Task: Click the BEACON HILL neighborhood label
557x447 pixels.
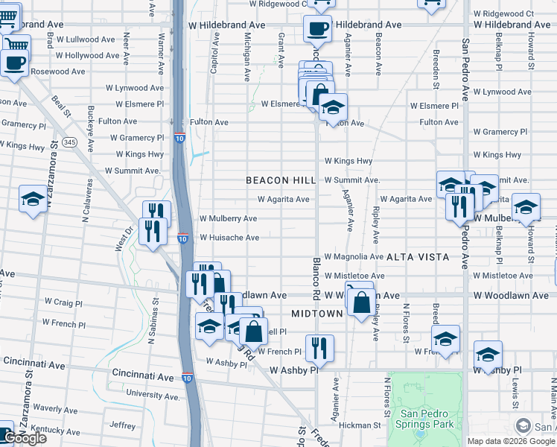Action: coord(281,181)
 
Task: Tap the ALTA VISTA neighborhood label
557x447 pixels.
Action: coord(418,257)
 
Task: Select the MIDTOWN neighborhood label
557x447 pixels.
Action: coord(316,314)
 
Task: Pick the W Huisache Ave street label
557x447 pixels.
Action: coord(229,238)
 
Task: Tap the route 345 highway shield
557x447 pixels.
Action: coord(69,142)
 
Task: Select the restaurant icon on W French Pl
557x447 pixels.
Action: coord(319,347)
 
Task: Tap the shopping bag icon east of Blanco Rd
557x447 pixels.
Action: coord(360,303)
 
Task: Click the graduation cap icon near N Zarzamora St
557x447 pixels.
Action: coord(33,199)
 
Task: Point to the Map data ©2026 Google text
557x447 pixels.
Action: coord(511,441)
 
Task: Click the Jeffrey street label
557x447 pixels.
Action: coord(123,425)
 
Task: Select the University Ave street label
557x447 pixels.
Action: coord(153,393)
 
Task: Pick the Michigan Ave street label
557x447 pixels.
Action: coord(246,56)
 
